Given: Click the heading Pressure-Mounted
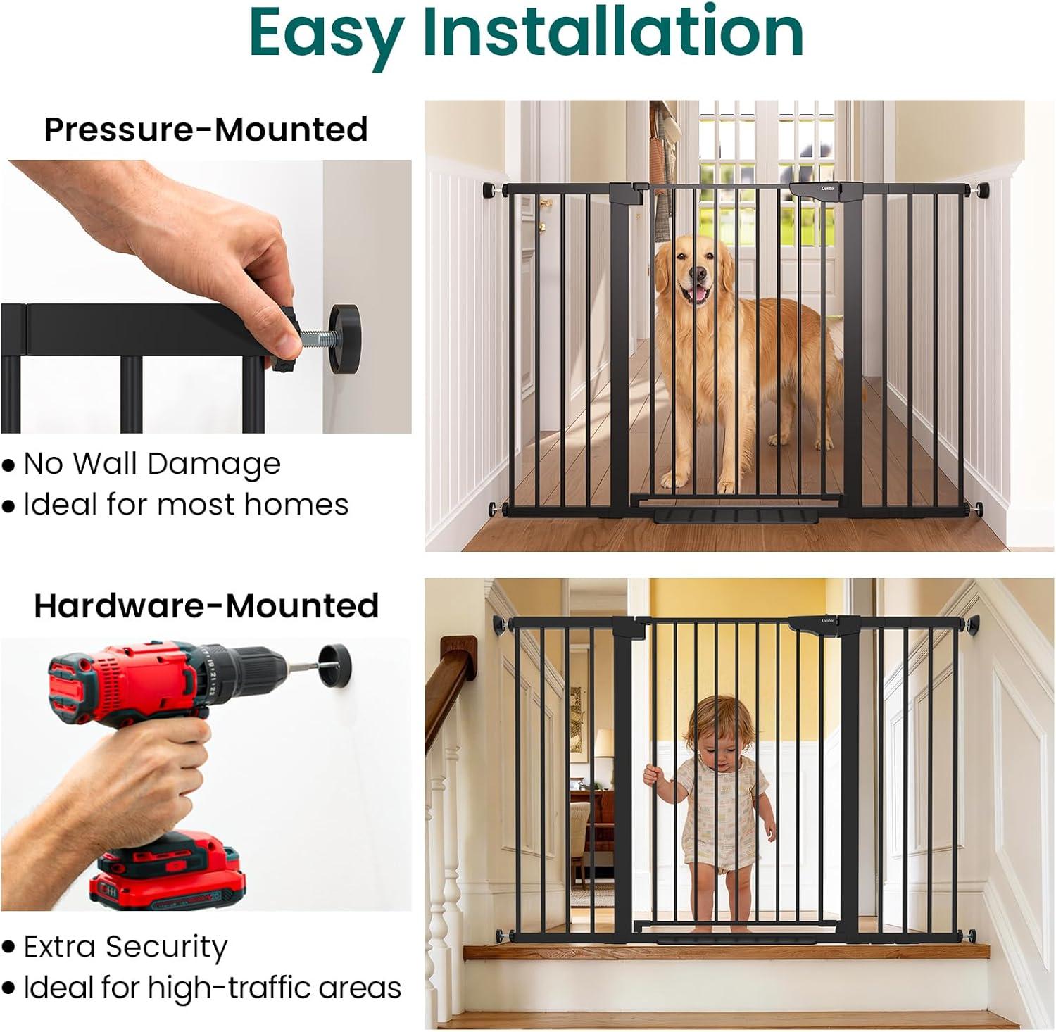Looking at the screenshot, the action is click(206, 130).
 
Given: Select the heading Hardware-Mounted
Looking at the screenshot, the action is click(206, 605).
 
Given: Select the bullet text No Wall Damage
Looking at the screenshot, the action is click(152, 464).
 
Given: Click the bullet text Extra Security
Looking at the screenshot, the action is click(125, 948).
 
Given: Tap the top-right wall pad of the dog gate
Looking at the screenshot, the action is click(981, 191).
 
